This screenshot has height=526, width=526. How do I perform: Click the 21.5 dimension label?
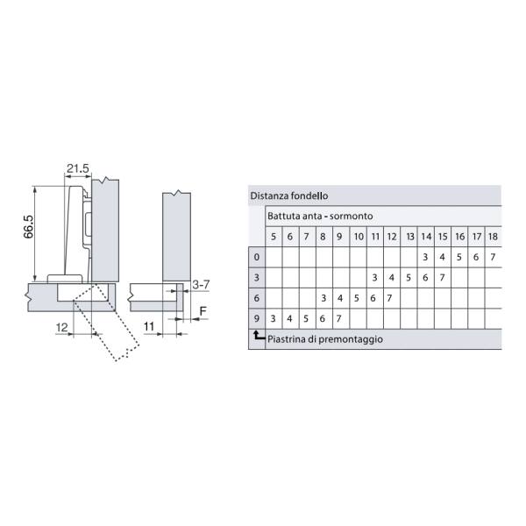tap(78, 168)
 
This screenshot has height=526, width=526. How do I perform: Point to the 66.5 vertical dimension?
tap(29, 227)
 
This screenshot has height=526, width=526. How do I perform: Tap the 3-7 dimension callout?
tap(201, 285)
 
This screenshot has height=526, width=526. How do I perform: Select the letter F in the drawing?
tap(203, 311)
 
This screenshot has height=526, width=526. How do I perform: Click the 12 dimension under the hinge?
tap(62, 327)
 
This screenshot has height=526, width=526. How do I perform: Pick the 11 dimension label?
tap(149, 326)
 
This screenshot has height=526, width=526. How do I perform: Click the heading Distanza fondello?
tap(289, 195)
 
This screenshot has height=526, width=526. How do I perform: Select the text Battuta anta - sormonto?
tap(320, 216)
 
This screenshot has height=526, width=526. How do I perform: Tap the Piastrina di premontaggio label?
tap(325, 339)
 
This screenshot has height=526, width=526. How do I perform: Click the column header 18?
tap(493, 237)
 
